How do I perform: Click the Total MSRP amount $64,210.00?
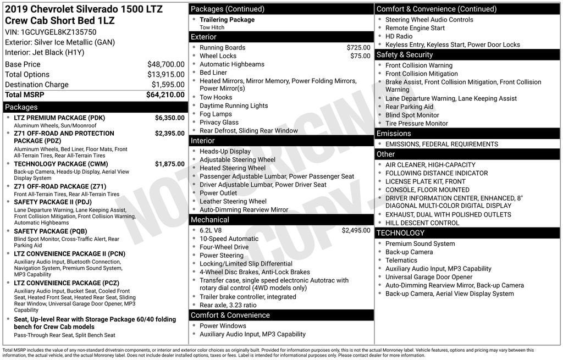[165, 95]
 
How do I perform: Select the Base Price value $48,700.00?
[165, 64]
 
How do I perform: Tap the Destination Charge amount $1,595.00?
[168, 85]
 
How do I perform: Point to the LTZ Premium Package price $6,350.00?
[169, 118]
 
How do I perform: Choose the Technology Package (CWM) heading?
[60, 164]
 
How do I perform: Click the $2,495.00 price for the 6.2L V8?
[356, 230]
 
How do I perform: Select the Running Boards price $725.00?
[358, 48]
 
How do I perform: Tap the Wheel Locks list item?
[218, 56]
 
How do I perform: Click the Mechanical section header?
[210, 220]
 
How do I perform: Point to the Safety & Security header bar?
[405, 55]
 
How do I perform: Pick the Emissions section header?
[394, 134]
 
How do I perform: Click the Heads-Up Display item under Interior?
[225, 152]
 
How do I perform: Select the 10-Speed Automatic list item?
[229, 239]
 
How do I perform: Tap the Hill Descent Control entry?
[422, 223]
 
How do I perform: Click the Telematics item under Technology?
[401, 261]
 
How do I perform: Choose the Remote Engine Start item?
[415, 28]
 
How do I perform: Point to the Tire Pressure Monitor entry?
[416, 124]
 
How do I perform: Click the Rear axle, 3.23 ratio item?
[228, 305]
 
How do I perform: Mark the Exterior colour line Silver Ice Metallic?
[59, 42]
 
